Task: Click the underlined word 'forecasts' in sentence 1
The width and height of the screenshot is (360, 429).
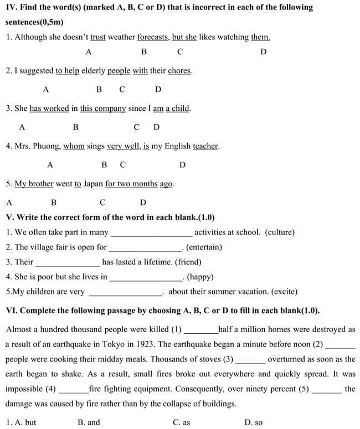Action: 153,37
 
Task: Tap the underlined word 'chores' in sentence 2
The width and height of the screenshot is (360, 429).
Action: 179,71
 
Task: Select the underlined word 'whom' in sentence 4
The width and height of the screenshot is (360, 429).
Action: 74,146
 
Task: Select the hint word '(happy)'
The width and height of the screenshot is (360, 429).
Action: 200,277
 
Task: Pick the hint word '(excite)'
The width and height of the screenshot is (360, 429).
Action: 280,292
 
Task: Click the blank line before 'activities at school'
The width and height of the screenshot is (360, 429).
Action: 151,233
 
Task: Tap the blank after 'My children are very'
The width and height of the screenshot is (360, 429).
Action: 125,293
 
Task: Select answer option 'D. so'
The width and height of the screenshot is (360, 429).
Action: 254,422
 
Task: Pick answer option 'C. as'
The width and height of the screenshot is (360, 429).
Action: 181,422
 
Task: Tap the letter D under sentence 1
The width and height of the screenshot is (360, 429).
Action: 263,52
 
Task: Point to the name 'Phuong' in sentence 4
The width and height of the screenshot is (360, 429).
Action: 45,146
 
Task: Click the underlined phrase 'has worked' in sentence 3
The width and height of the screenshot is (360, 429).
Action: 49,109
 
